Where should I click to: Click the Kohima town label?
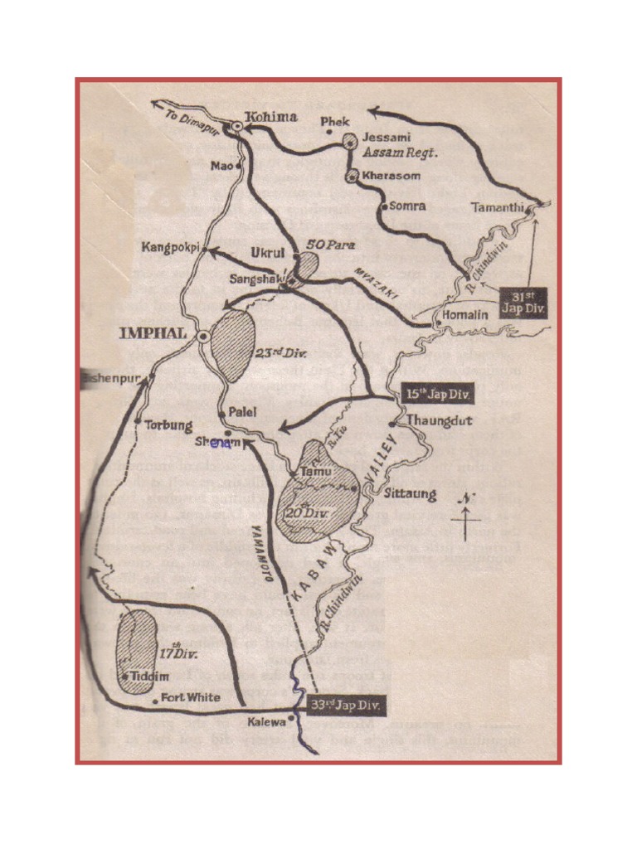pyautogui.click(x=271, y=118)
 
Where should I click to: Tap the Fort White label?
pyautogui.click(x=191, y=697)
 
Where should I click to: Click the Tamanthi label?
pyautogui.click(x=498, y=207)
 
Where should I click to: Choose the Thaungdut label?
pyautogui.click(x=440, y=420)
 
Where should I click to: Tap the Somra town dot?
pyautogui.click(x=384, y=205)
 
